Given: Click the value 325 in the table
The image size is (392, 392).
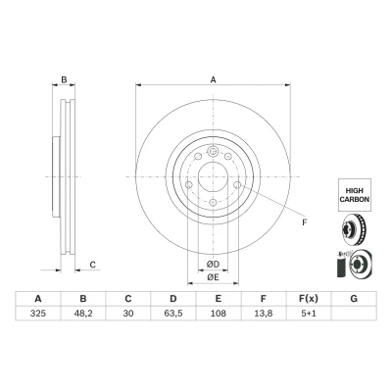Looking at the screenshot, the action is [38, 314].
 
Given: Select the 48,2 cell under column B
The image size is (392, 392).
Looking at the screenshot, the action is [83, 314].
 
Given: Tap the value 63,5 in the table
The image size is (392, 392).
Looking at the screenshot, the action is [173, 314].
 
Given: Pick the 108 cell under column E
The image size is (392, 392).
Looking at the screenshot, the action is [219, 314].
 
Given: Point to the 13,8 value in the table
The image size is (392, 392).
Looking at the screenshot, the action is [264, 314].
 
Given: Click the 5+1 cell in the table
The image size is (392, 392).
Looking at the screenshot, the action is [309, 314].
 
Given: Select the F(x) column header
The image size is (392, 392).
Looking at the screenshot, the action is [309, 299].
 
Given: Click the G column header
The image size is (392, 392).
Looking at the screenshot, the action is [354, 299].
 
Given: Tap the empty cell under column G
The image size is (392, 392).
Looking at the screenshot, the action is [354, 314].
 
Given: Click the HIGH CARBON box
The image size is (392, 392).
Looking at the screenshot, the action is [355, 195].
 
